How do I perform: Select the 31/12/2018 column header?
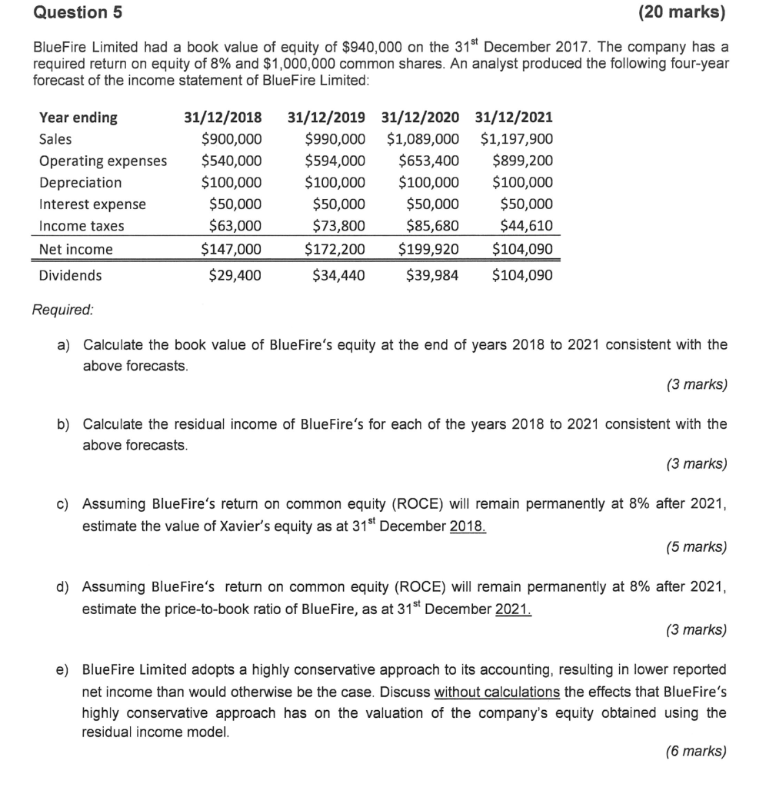pyautogui.click(x=223, y=118)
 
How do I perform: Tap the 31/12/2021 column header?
pyautogui.click(x=514, y=118)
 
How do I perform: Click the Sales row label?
pyautogui.click(x=55, y=139)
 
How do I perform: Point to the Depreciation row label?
pyautogui.click(x=80, y=182)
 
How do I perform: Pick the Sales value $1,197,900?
pyautogui.click(x=516, y=139)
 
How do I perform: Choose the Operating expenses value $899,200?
pyautogui.click(x=522, y=161)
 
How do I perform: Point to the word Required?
pyautogui.click(x=63, y=310)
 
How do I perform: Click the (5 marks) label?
pyautogui.click(x=694, y=547)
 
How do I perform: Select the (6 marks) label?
pyautogui.click(x=694, y=752)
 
